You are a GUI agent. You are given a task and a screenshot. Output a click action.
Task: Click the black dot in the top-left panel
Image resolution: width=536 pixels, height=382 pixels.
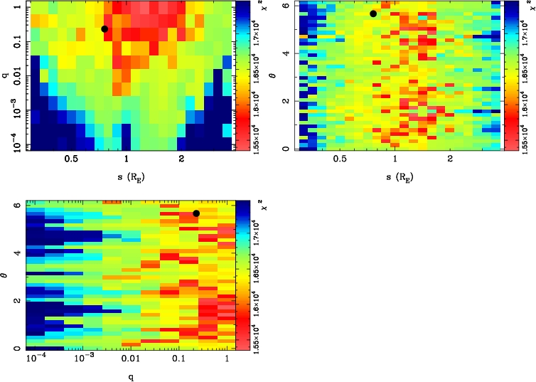(104, 29)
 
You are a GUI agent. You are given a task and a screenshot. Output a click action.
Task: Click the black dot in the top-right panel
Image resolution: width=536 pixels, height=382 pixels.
(372, 14)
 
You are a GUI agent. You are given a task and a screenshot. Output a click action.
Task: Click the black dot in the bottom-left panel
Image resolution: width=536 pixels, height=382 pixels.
(196, 213)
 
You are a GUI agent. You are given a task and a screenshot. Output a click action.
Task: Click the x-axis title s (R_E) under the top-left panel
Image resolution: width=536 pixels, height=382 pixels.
(126, 175)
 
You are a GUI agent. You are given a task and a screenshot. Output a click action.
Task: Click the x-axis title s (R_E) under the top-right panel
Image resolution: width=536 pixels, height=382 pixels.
(396, 175)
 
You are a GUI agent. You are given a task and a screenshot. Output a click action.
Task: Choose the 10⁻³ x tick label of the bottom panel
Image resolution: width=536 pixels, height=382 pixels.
(84, 360)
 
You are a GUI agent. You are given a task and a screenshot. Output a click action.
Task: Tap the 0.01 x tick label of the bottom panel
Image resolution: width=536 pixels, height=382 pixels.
(131, 360)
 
